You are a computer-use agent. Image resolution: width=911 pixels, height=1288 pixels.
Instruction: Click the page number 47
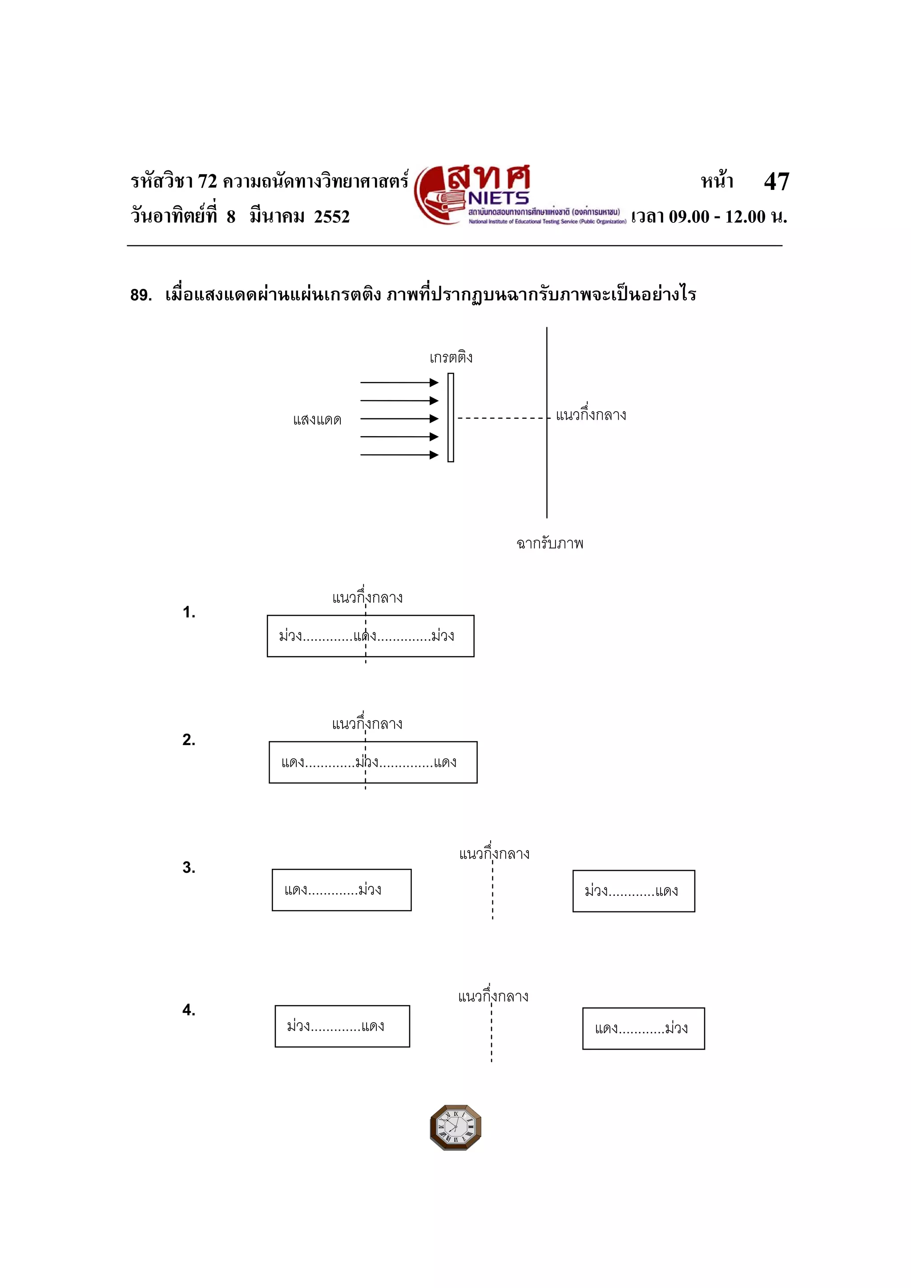tap(776, 181)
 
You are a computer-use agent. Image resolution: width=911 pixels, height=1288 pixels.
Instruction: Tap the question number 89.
tap(141, 295)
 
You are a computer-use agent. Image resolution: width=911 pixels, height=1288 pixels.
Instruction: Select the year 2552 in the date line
tap(332, 217)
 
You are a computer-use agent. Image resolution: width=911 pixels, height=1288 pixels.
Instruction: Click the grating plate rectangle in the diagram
tap(451, 417)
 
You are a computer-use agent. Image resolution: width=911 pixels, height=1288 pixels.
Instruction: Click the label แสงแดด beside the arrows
tap(317, 420)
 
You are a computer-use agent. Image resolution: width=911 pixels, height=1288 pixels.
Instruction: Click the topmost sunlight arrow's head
tap(434, 383)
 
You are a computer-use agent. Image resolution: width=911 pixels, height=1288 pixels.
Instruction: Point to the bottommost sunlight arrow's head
tap(434, 455)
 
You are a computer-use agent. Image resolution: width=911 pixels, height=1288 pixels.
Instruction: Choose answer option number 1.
tap(189, 612)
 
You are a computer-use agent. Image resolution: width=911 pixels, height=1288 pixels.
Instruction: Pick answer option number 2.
tap(189, 739)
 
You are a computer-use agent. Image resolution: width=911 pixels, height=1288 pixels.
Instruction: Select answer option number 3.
tap(189, 867)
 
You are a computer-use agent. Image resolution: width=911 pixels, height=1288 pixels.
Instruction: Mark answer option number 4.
tap(189, 1010)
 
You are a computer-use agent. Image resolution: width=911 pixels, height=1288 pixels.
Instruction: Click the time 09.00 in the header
tap(689, 217)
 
